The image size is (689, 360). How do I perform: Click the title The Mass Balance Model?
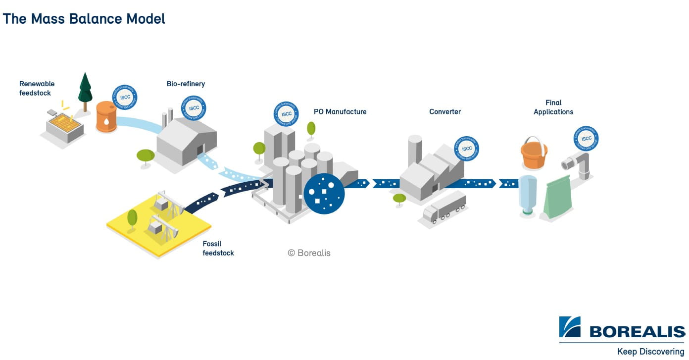(x=84, y=19)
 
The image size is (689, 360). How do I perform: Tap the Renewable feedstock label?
(x=37, y=88)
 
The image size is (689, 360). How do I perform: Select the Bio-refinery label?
(x=186, y=84)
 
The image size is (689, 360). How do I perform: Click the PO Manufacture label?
(x=340, y=111)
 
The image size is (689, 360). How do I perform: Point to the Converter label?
(x=445, y=111)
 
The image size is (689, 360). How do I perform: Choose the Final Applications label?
(x=553, y=107)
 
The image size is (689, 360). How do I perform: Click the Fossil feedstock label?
(x=218, y=248)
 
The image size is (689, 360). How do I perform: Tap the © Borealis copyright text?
(x=309, y=253)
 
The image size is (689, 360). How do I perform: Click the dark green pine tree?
(x=85, y=89)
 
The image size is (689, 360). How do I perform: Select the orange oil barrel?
(x=106, y=117)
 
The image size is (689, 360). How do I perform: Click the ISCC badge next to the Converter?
(x=466, y=149)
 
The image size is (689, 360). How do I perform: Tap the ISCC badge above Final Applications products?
(x=586, y=139)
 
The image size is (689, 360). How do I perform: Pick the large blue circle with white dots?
(x=324, y=194)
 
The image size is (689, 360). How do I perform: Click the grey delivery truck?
(x=445, y=207)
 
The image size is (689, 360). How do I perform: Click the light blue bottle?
(x=528, y=195)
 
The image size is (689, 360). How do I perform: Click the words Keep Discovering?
(x=650, y=352)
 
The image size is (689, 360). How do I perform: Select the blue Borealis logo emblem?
(x=570, y=327)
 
